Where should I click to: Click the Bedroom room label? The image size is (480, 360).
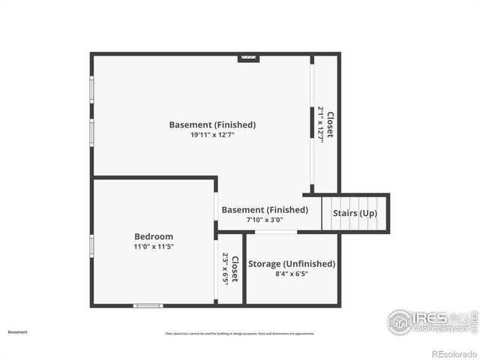tap(154, 236)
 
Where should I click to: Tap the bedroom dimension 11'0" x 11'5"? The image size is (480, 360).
tap(154, 247)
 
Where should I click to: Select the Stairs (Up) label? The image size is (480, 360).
tap(355, 214)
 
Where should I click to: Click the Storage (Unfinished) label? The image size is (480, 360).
tap(292, 264)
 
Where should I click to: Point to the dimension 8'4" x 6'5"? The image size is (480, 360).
tap(292, 274)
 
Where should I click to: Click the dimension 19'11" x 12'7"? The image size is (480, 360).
tap(212, 135)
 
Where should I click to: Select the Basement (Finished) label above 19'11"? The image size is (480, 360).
tap(212, 124)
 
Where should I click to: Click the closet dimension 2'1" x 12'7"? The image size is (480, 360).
tap(321, 124)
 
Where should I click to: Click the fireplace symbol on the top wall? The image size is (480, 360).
tap(248, 57)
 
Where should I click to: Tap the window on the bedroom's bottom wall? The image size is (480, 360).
tap(148, 305)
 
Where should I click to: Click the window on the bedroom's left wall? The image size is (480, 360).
tap(91, 245)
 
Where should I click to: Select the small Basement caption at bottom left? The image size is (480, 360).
tap(17, 331)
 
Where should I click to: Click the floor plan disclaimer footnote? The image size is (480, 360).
tap(240, 334)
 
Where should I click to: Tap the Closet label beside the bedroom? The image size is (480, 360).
tap(235, 269)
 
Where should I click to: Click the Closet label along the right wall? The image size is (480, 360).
tap(330, 124)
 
